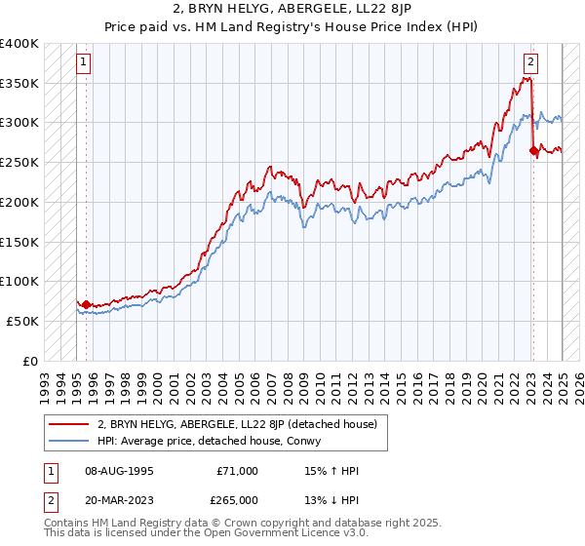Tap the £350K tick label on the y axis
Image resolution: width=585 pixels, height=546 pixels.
tap(19, 84)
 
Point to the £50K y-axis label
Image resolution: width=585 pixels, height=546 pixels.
tap(22, 321)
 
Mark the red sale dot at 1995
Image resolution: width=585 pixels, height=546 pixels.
tap(86, 304)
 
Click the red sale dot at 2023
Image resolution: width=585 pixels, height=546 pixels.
tap(533, 150)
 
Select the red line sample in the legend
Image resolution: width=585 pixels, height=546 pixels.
tap(69, 423)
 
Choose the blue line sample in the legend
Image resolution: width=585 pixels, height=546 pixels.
tap(69, 440)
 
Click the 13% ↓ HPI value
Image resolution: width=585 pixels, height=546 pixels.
tap(332, 500)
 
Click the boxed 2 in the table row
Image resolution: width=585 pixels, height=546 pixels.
tap(49, 500)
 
